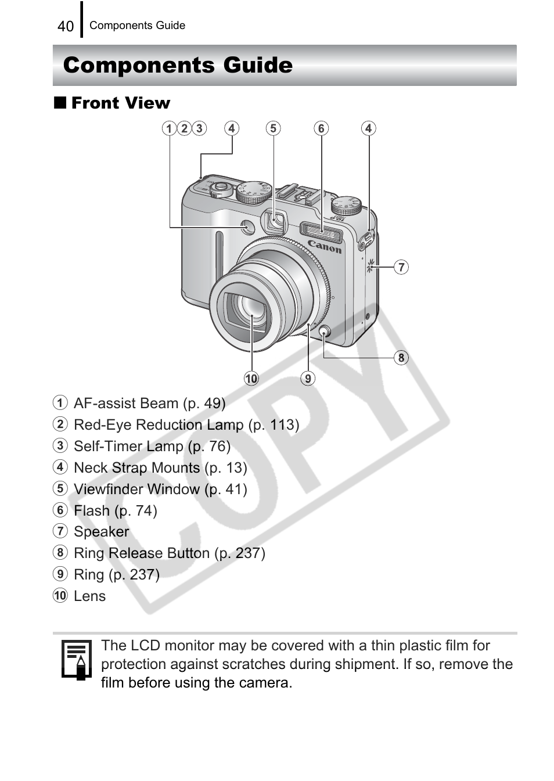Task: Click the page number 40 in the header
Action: click(x=66, y=26)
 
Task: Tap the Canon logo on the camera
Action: click(x=325, y=246)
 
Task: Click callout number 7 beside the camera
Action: click(x=401, y=267)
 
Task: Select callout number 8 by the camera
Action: click(x=401, y=358)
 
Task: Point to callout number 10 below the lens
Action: click(x=251, y=379)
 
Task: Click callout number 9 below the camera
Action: click(x=308, y=379)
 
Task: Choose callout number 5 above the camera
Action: click(x=274, y=128)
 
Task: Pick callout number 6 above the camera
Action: click(x=321, y=128)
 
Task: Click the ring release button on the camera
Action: click(x=325, y=332)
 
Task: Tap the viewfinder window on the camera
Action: click(x=275, y=221)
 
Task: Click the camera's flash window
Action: click(x=321, y=231)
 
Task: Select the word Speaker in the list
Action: click(x=102, y=532)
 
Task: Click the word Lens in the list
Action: click(x=90, y=596)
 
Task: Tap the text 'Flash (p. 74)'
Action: click(x=116, y=511)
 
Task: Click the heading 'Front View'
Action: click(x=121, y=103)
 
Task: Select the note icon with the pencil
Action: click(x=77, y=660)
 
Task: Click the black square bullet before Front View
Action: click(x=60, y=103)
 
